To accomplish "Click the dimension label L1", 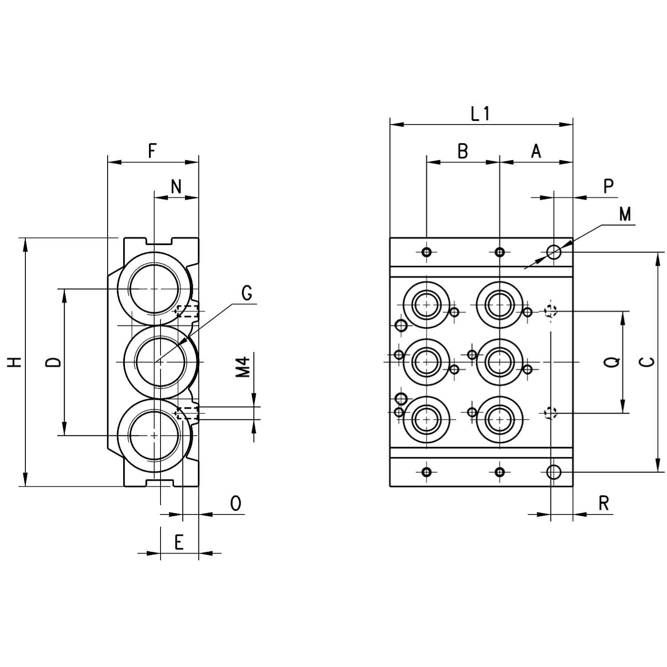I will pos(480,114).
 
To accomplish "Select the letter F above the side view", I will pos(152,151).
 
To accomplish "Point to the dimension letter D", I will pos(54,362).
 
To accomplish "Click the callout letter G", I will pos(247,293).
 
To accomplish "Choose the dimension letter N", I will pos(177,187).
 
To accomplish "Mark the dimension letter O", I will pos(236,504).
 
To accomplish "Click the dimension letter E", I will pos(179,542).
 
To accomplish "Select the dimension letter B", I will pos(463,151).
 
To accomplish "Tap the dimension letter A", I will pos(536,151).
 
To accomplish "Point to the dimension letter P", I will pos(609,186).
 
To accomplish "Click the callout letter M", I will pos(625,215).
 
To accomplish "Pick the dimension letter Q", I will pos(613,362).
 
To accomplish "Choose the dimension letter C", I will pos(649,362).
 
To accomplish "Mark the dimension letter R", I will pos(603,504).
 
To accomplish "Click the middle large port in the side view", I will pos(161,362).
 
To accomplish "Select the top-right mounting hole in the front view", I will pos(554,252).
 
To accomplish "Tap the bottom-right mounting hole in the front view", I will pos(554,472).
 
